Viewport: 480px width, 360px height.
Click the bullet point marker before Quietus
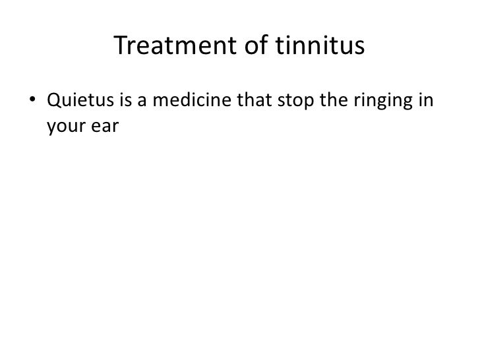32,104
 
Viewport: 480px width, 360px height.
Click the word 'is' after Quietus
123,103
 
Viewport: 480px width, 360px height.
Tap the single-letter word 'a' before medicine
142,104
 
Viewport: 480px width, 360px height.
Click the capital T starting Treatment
120,45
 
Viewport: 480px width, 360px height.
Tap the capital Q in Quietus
53,103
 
